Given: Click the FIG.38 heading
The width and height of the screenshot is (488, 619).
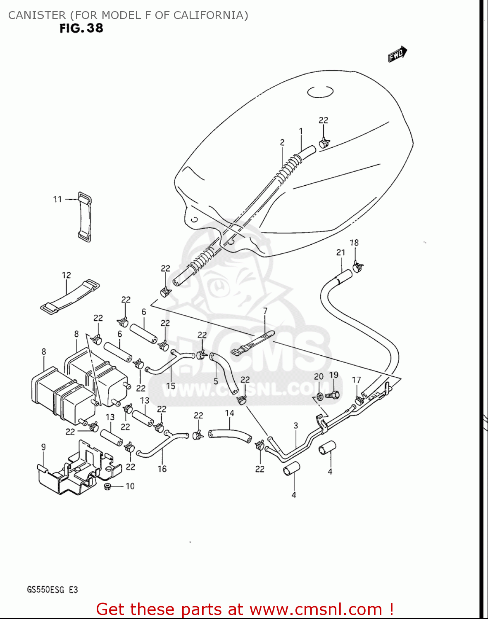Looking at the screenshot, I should pyautogui.click(x=81, y=28).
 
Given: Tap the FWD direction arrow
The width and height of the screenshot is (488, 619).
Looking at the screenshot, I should pyautogui.click(x=397, y=54).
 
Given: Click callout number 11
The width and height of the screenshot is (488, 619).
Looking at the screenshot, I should pyautogui.click(x=57, y=199).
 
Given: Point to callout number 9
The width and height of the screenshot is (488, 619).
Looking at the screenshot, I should pyautogui.click(x=43, y=447).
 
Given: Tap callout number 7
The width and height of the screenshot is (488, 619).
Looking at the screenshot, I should pyautogui.click(x=265, y=311).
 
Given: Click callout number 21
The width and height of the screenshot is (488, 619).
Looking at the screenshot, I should pyautogui.click(x=340, y=252).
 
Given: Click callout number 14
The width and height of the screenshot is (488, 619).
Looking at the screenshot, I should pyautogui.click(x=229, y=413).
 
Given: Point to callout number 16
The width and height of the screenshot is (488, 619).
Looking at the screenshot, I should pyautogui.click(x=162, y=469).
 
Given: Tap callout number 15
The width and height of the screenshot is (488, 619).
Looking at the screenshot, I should pyautogui.click(x=171, y=386).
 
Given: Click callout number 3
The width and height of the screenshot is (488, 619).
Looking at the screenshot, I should pyautogui.click(x=296, y=425).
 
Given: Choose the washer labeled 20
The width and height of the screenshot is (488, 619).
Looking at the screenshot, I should pyautogui.click(x=320, y=397).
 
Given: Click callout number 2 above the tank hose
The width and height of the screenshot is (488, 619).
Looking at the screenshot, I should pyautogui.click(x=282, y=142).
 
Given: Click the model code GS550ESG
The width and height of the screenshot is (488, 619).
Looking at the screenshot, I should pyautogui.click(x=45, y=590).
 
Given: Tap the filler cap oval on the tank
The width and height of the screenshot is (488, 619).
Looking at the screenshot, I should pyautogui.click(x=320, y=92).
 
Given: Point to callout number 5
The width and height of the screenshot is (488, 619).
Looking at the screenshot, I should pyautogui.click(x=215, y=381).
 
